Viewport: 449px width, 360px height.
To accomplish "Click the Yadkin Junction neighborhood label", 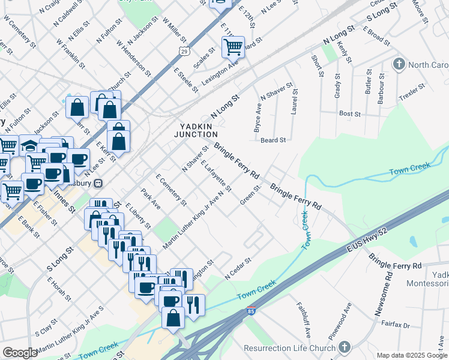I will (196, 130).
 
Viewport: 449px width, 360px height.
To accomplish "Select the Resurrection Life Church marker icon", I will (344, 347).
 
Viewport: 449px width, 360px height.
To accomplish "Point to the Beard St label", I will (273, 140).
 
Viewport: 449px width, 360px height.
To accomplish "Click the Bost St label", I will (349, 113).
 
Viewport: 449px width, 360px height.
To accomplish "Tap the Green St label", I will (250, 194).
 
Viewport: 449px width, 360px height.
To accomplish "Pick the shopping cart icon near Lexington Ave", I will (232, 46).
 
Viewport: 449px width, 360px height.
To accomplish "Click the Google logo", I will (20, 353).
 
